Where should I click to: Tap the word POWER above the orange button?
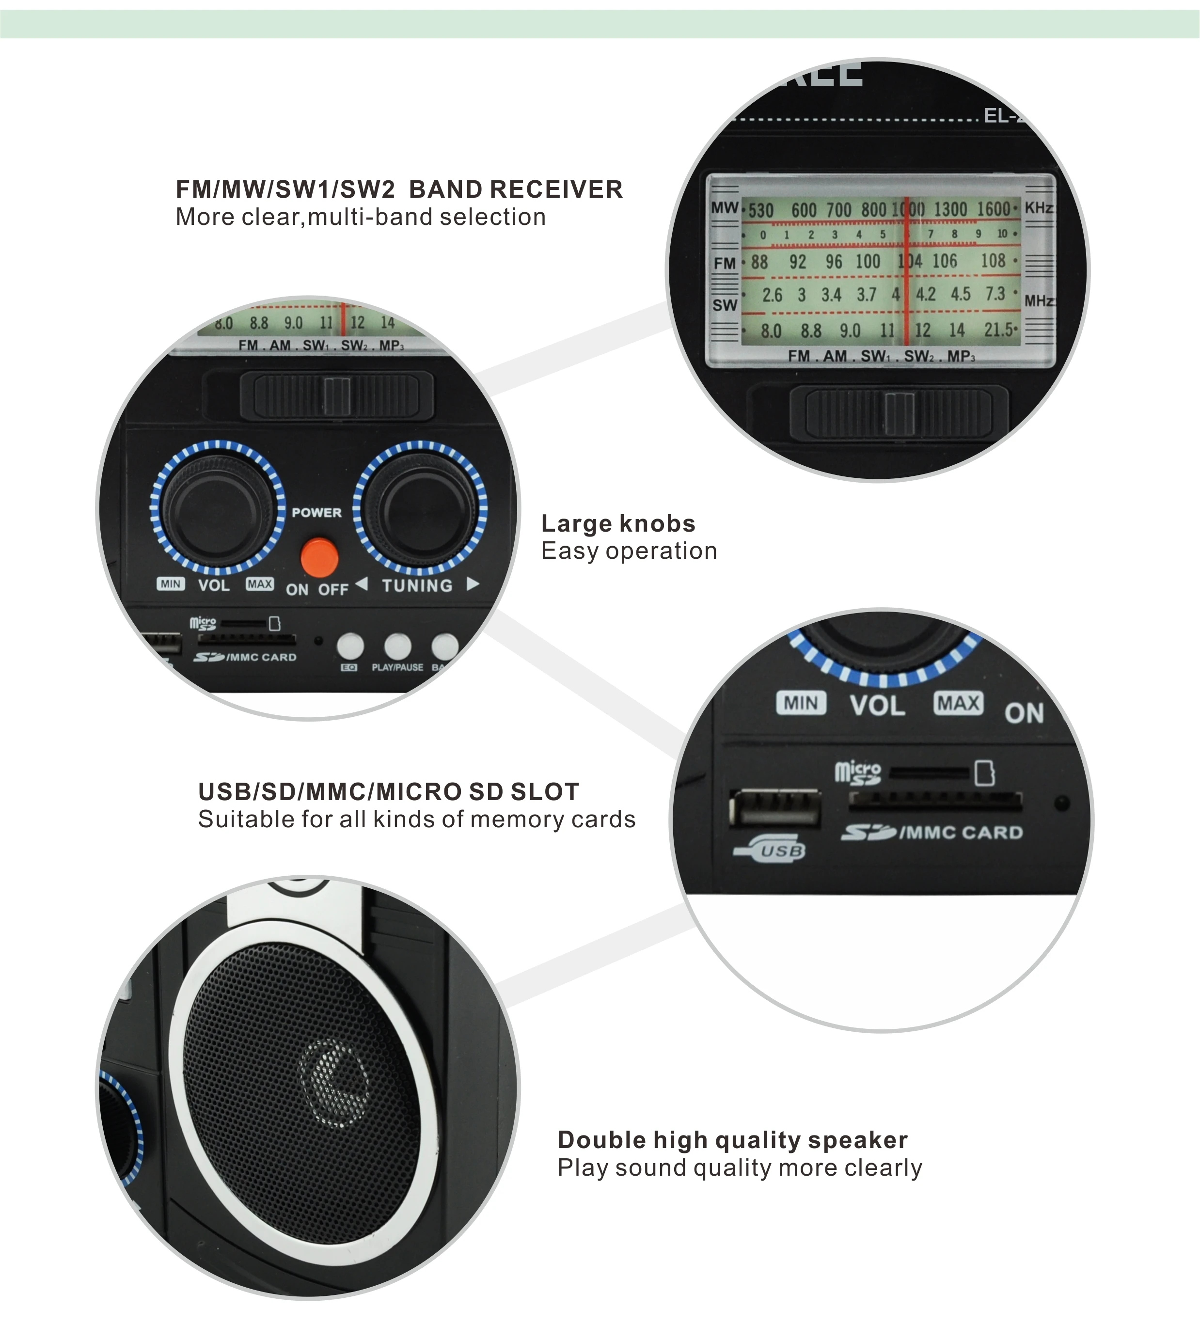point(316,513)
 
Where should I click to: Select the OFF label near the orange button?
point(333,590)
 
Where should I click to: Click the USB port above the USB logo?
point(775,809)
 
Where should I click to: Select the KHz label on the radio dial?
point(1039,208)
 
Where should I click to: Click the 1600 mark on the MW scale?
point(993,209)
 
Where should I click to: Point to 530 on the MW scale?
point(761,211)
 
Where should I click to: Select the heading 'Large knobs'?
point(618,523)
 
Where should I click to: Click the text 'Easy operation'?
point(629,551)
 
